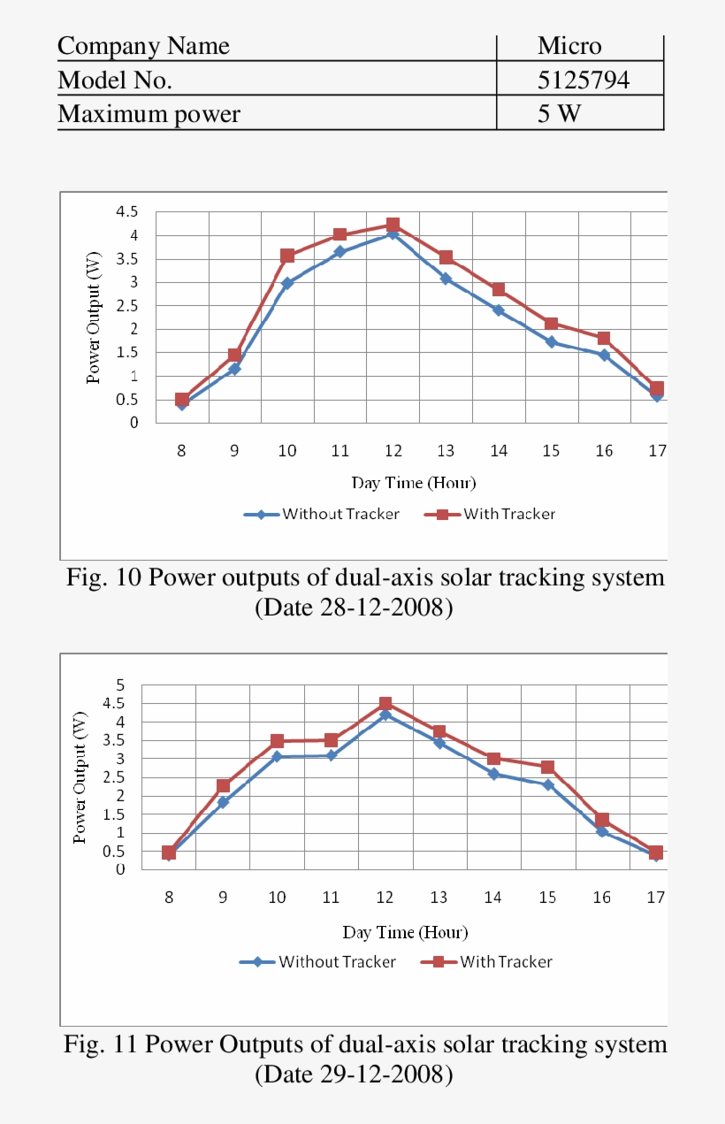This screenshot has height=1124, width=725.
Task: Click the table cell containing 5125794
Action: point(584,80)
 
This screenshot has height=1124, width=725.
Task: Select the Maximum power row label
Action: point(149,114)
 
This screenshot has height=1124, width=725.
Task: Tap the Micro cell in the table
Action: point(569,46)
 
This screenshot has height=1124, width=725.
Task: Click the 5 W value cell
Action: point(560,114)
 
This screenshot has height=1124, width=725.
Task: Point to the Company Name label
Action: point(143,46)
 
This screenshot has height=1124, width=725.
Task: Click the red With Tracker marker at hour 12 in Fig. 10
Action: point(393,226)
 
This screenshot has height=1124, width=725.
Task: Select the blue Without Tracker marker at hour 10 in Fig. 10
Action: point(286,284)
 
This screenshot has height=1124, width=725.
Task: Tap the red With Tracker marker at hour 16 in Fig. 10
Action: point(604,339)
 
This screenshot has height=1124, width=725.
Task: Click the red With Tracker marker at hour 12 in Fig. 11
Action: point(385,704)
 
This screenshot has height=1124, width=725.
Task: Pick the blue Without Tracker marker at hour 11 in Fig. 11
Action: point(331,755)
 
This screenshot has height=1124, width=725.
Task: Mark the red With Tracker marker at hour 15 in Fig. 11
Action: point(548,767)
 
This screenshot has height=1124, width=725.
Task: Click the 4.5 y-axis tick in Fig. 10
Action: point(127,212)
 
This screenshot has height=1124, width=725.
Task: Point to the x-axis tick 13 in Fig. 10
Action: point(445,451)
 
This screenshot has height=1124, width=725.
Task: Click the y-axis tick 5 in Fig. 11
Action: point(120,685)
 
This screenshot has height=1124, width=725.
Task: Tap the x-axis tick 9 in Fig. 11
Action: point(223,898)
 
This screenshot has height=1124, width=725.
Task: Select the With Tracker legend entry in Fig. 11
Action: point(506,962)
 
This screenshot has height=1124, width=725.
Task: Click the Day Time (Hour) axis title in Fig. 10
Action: point(413,483)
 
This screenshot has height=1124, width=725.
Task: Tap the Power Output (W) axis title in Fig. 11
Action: point(80,777)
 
